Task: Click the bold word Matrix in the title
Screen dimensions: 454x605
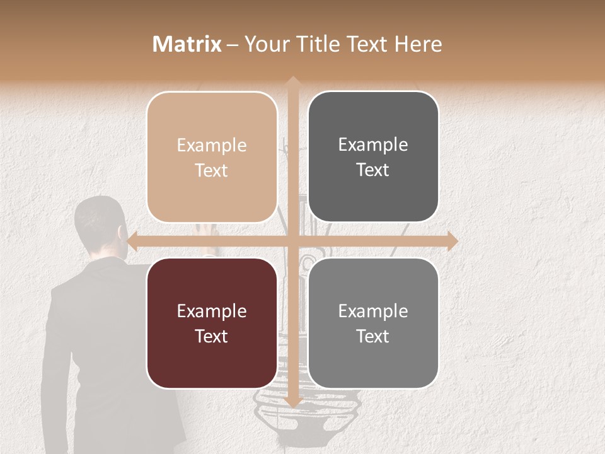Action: click(x=187, y=44)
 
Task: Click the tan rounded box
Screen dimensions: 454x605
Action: click(x=212, y=157)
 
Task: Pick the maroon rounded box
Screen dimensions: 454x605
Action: click(x=212, y=323)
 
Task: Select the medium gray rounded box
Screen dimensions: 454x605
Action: click(x=373, y=323)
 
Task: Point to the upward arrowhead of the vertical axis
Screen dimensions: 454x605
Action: click(x=292, y=82)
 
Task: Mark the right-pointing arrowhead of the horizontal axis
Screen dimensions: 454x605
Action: click(x=451, y=241)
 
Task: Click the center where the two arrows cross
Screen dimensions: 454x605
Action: click(x=292, y=241)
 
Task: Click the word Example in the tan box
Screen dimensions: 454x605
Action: click(x=212, y=146)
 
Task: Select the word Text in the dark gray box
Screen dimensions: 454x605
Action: click(x=373, y=170)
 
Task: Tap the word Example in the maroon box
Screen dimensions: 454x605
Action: click(x=212, y=311)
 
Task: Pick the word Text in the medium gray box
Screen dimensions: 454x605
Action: click(x=373, y=336)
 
